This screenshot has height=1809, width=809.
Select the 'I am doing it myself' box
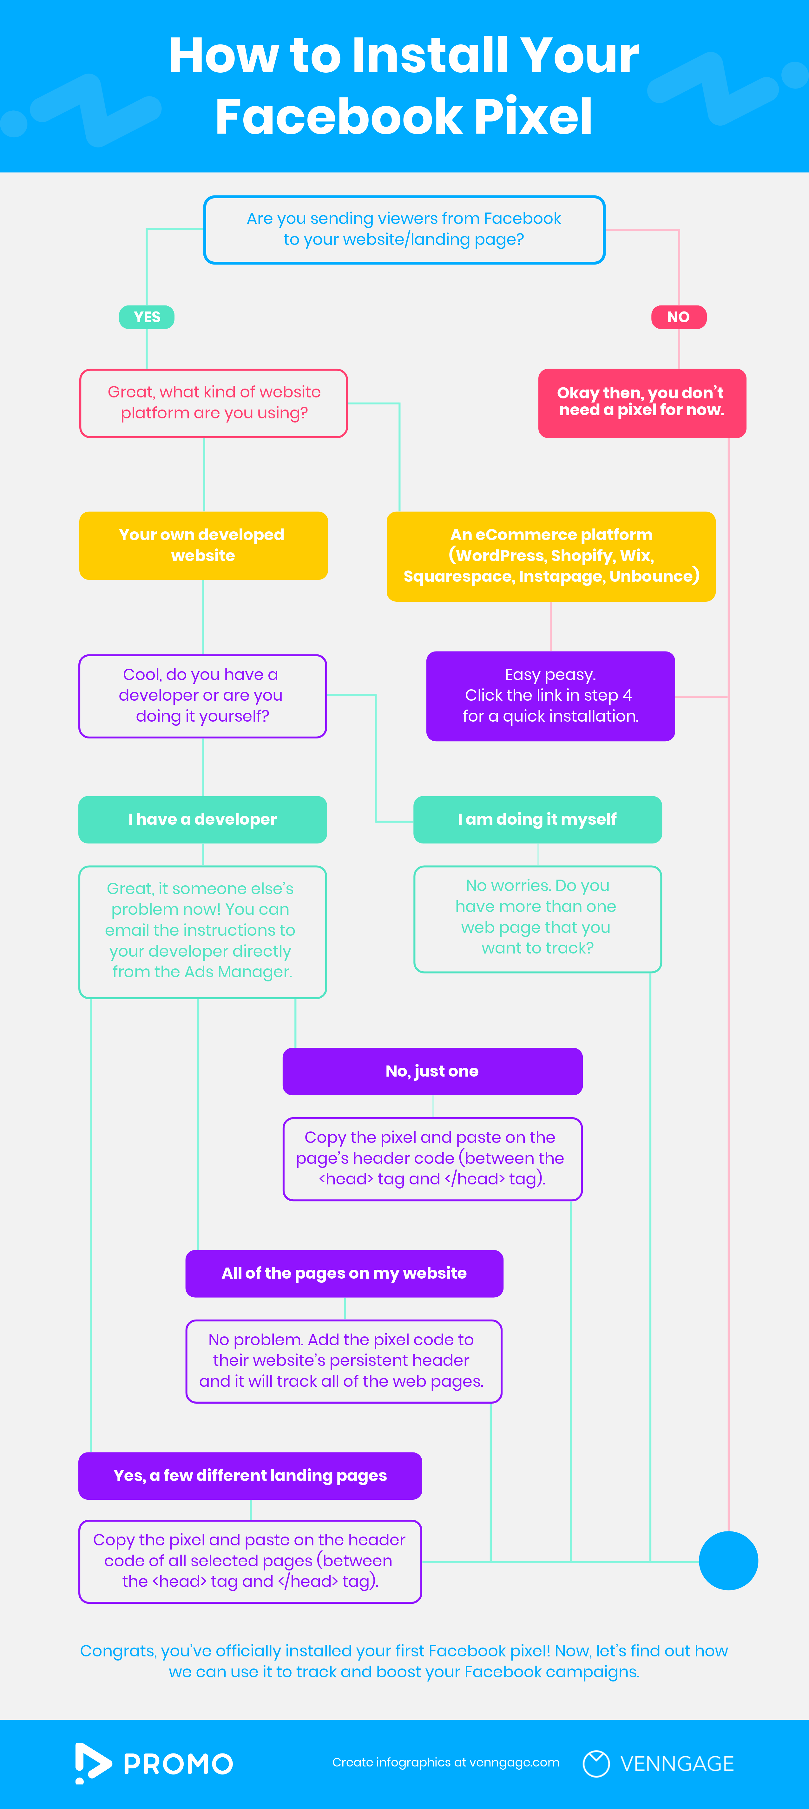[x=537, y=820]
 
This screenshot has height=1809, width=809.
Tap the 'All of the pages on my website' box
[x=344, y=1273]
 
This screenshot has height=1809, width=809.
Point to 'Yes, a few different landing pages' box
[x=250, y=1475]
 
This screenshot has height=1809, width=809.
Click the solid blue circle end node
[x=728, y=1560]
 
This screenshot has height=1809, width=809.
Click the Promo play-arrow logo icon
[x=92, y=1763]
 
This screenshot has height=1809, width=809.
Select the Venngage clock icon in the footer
[x=596, y=1763]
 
